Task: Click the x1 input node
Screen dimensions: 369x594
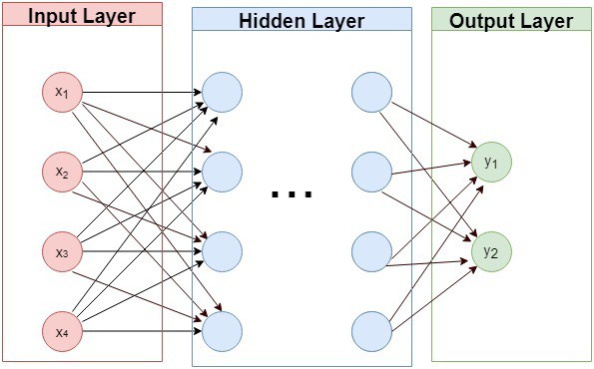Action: pyautogui.click(x=62, y=93)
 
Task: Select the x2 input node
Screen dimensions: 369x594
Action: pyautogui.click(x=62, y=172)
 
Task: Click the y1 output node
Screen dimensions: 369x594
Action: pyautogui.click(x=491, y=162)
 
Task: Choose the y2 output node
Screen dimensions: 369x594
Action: pyautogui.click(x=491, y=252)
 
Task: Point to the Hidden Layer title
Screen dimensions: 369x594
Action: pyautogui.click(x=300, y=20)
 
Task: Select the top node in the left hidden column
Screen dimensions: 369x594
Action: pyautogui.click(x=223, y=93)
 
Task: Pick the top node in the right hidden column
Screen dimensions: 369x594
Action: pyautogui.click(x=371, y=93)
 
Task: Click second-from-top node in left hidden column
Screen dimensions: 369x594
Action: pyautogui.click(x=223, y=172)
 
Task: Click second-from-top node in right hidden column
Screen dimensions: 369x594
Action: pyautogui.click(x=371, y=172)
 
